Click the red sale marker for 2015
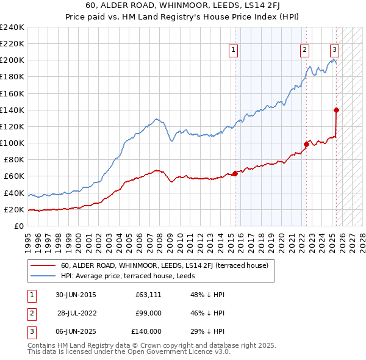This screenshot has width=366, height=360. click(x=235, y=173)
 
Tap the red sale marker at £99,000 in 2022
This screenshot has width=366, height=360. click(x=306, y=144)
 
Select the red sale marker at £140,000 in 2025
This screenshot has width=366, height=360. click(x=336, y=110)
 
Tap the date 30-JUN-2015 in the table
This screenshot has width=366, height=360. click(x=76, y=295)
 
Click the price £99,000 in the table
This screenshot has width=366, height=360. click(x=148, y=314)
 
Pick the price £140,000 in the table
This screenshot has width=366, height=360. click(x=146, y=332)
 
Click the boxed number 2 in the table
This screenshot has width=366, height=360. click(x=30, y=314)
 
